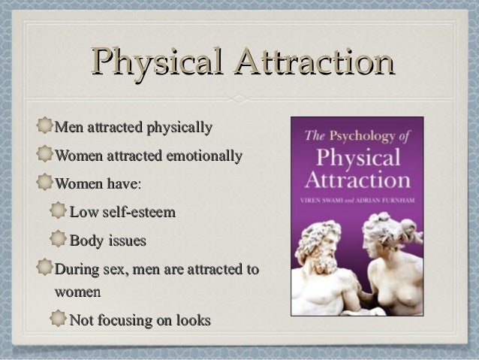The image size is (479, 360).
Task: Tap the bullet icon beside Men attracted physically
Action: point(45,126)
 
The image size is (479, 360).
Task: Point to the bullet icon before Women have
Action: point(45,184)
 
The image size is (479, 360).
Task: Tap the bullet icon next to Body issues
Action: point(59,241)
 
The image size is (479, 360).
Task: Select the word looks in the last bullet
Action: point(191,320)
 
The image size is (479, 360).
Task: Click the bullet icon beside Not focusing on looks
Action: point(59,320)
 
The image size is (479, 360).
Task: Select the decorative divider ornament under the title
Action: point(239,98)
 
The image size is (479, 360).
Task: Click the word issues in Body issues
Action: point(124,241)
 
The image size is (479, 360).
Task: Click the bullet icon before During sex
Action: point(45,268)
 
